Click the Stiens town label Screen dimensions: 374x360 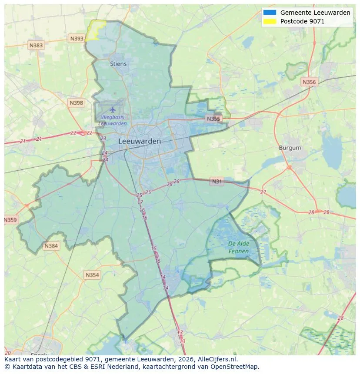point(118,64)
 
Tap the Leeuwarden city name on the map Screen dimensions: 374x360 point(140,142)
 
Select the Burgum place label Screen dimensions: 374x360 point(290,148)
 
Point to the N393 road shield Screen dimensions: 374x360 point(77,39)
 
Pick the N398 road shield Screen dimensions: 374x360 point(76,103)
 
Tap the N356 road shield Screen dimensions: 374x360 point(309,82)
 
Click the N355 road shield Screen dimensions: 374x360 point(213,119)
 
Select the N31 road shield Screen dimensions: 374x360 point(217,181)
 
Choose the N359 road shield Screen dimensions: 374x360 point(10,220)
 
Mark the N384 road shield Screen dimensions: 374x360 point(51,246)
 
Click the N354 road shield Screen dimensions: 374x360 point(92,275)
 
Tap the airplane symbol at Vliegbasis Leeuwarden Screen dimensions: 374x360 point(113,109)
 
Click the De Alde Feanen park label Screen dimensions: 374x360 point(239,248)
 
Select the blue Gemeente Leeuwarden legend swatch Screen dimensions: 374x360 point(270,13)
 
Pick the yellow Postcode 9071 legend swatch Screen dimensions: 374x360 point(270,21)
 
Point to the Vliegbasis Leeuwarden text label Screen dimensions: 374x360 point(113,120)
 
